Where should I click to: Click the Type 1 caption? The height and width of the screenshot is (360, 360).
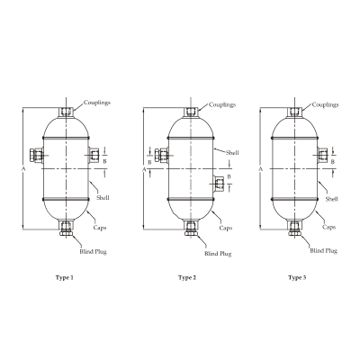[65, 278]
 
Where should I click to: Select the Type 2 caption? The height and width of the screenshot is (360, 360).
[187, 278]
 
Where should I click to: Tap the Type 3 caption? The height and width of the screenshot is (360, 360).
[297, 278]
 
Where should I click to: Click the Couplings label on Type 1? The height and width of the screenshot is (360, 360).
[97, 103]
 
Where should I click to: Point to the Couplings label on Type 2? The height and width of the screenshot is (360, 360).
[222, 105]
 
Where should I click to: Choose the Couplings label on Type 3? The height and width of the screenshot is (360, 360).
[325, 105]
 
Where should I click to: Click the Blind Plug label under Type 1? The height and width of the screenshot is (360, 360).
[93, 252]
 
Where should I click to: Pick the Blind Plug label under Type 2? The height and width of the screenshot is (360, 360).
[218, 254]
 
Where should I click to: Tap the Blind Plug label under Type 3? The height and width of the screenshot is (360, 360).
[323, 251]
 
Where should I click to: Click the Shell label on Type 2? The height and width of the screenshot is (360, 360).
[232, 153]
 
